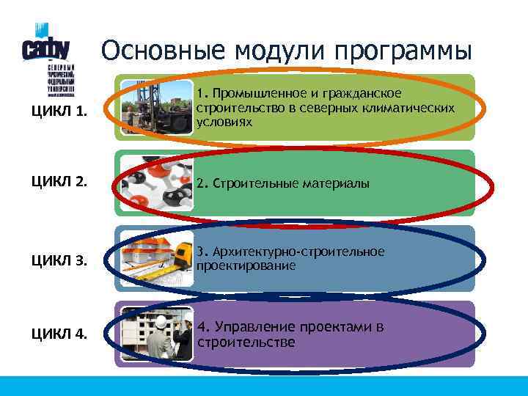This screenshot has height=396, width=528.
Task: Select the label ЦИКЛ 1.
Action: (59, 112)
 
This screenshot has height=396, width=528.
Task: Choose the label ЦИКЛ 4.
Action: (59, 334)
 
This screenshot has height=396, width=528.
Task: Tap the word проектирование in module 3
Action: (246, 265)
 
